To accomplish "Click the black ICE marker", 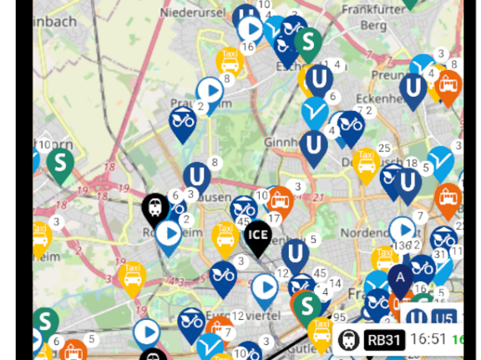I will (x=257, y=236).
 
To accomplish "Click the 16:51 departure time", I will (x=428, y=339).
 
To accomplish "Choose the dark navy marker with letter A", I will (x=401, y=278).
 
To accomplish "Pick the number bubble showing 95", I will (x=339, y=317).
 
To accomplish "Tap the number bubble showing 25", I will (x=384, y=149).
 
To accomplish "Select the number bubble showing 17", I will (x=274, y=219).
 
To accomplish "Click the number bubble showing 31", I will (x=440, y=254).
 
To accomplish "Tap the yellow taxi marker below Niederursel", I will (x=229, y=60).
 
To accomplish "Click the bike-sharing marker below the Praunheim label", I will (x=182, y=122).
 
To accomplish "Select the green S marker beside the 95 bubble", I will (x=308, y=304).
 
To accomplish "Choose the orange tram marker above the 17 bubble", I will (x=280, y=200).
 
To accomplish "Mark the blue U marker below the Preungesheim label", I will (x=413, y=87).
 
